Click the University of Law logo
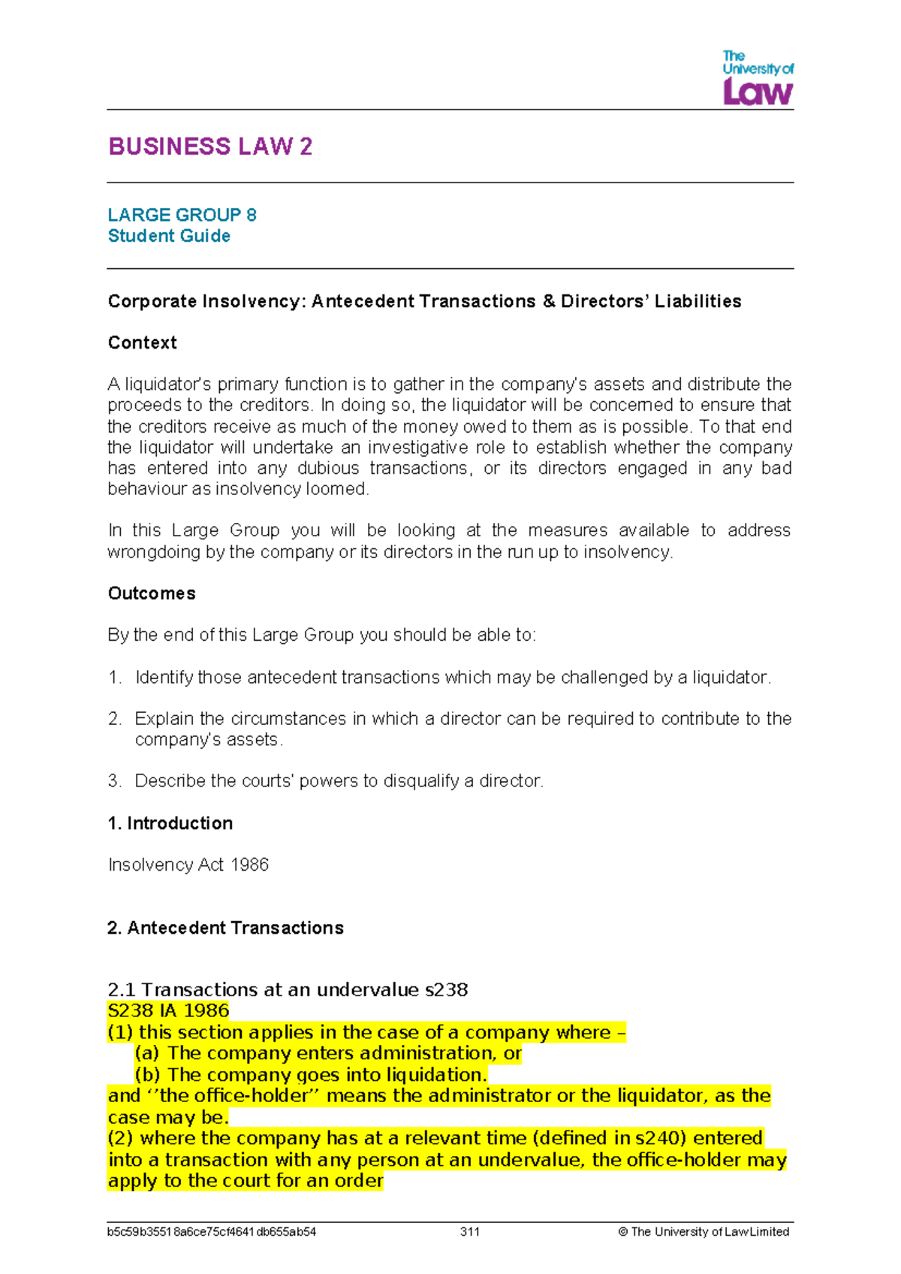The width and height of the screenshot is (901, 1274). pos(758,78)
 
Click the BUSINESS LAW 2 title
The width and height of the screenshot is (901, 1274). pos(210,146)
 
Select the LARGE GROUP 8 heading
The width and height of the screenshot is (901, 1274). pos(182,215)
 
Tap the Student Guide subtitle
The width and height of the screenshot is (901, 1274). pos(169,236)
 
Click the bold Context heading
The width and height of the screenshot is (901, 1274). pos(143,343)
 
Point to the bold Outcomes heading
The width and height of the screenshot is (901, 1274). pos(152,593)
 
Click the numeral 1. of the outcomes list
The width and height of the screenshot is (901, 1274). pos(114,678)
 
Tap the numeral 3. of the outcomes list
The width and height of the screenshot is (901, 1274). pos(114,781)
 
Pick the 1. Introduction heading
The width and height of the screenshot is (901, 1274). pos(170,823)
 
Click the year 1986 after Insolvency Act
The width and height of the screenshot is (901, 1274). pos(250,865)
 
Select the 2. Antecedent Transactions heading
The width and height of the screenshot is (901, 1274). pos(225,928)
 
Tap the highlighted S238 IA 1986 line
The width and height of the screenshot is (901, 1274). pos(169,1011)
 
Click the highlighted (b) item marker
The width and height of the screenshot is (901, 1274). pos(147,1075)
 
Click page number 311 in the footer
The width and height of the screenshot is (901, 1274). pos(470,1232)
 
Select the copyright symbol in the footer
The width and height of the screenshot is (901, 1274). pos(623,1232)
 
